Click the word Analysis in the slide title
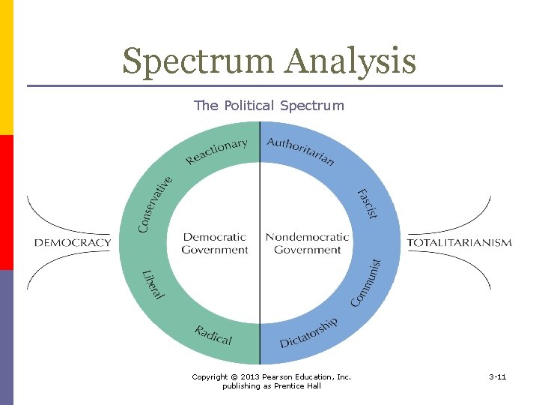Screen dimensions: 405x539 pos(350,61)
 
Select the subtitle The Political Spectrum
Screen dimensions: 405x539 pos(269,106)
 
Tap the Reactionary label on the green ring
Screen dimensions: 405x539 pos(216,151)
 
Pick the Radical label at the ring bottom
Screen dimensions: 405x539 pos(213,335)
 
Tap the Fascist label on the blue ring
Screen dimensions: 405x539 pos(366,203)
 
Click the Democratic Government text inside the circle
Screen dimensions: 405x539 pos(215,243)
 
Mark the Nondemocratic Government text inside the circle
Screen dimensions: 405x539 pos(307,243)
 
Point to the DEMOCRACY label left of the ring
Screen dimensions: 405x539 pos(73,242)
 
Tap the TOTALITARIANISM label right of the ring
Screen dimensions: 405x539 pos(460,242)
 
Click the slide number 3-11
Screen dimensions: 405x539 pos(497,376)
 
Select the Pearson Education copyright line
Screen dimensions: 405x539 pos(271,376)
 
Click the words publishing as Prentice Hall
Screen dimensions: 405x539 pos(271,386)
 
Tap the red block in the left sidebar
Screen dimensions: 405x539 pos(6,202)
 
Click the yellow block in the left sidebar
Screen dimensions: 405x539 pos(6,67)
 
